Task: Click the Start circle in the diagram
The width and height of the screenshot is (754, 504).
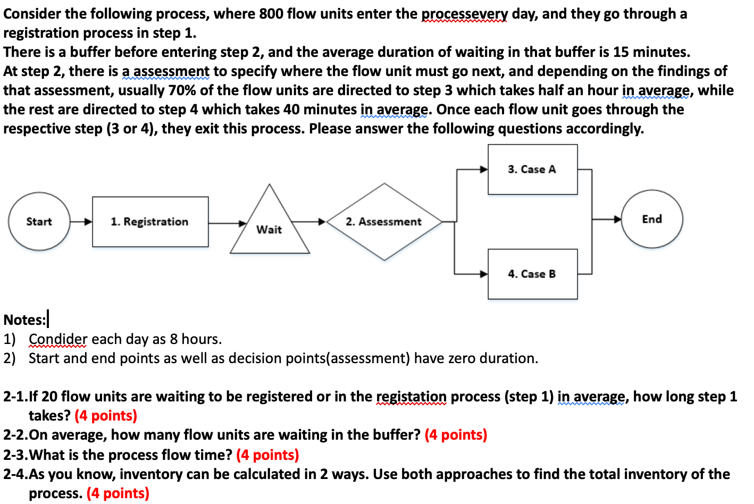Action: click(39, 221)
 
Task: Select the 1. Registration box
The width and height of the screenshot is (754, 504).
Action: click(150, 222)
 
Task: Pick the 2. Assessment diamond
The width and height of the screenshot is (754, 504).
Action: click(384, 222)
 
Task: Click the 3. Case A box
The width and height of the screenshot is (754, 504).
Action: click(532, 169)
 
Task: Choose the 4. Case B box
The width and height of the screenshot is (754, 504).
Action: click(532, 274)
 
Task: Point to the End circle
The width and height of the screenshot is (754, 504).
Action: click(652, 219)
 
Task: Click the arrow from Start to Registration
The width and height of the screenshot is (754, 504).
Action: click(81, 222)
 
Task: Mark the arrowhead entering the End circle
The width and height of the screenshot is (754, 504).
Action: click(617, 219)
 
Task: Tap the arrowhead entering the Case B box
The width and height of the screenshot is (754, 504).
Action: click(484, 274)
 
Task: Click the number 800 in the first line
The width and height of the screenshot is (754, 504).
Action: click(271, 13)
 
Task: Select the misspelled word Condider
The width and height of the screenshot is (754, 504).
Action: click(58, 339)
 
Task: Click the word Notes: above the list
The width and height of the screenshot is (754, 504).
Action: click(24, 320)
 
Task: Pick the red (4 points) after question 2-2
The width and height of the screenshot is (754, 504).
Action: click(456, 435)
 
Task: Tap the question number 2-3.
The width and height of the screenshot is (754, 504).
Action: click(15, 455)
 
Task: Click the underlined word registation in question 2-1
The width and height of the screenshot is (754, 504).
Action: click(411, 397)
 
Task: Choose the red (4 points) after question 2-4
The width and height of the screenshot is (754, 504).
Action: click(118, 493)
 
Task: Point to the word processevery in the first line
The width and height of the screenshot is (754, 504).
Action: click(465, 14)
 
